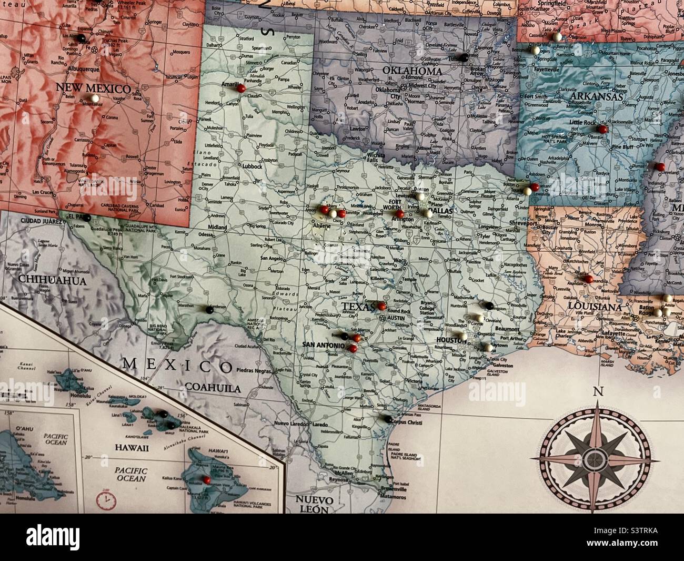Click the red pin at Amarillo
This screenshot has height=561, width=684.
coord(241,89)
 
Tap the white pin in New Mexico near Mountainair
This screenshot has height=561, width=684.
coord(94,98)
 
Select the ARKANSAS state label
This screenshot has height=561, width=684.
coord(596,97)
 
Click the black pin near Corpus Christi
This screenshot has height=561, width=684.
coord(387,419)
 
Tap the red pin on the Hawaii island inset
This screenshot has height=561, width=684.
coord(207,480)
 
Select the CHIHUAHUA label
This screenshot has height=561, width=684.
coord(52,281)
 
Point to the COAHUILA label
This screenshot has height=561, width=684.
coord(212,388)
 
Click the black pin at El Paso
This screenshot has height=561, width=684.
coord(88,218)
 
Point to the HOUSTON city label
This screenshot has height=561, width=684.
coord(451,341)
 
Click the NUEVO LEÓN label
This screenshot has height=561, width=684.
coord(314,504)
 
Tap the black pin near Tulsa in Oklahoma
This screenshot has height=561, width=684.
coord(464,56)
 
